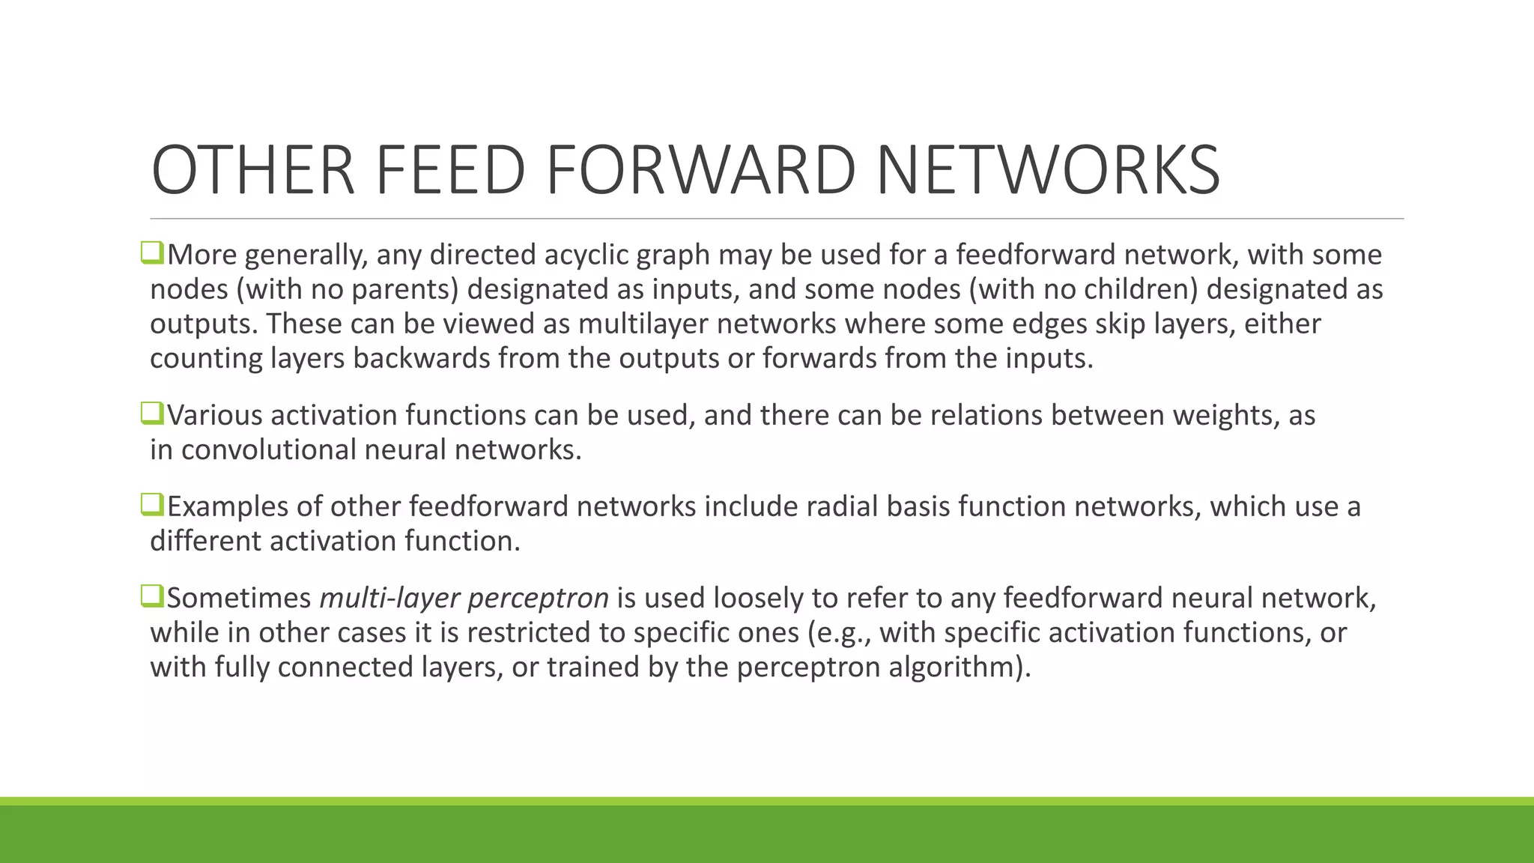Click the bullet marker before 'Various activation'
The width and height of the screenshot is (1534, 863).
pos(151,414)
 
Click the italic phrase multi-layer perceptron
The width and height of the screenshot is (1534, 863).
pos(464,599)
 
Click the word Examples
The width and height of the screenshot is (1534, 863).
pos(227,507)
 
